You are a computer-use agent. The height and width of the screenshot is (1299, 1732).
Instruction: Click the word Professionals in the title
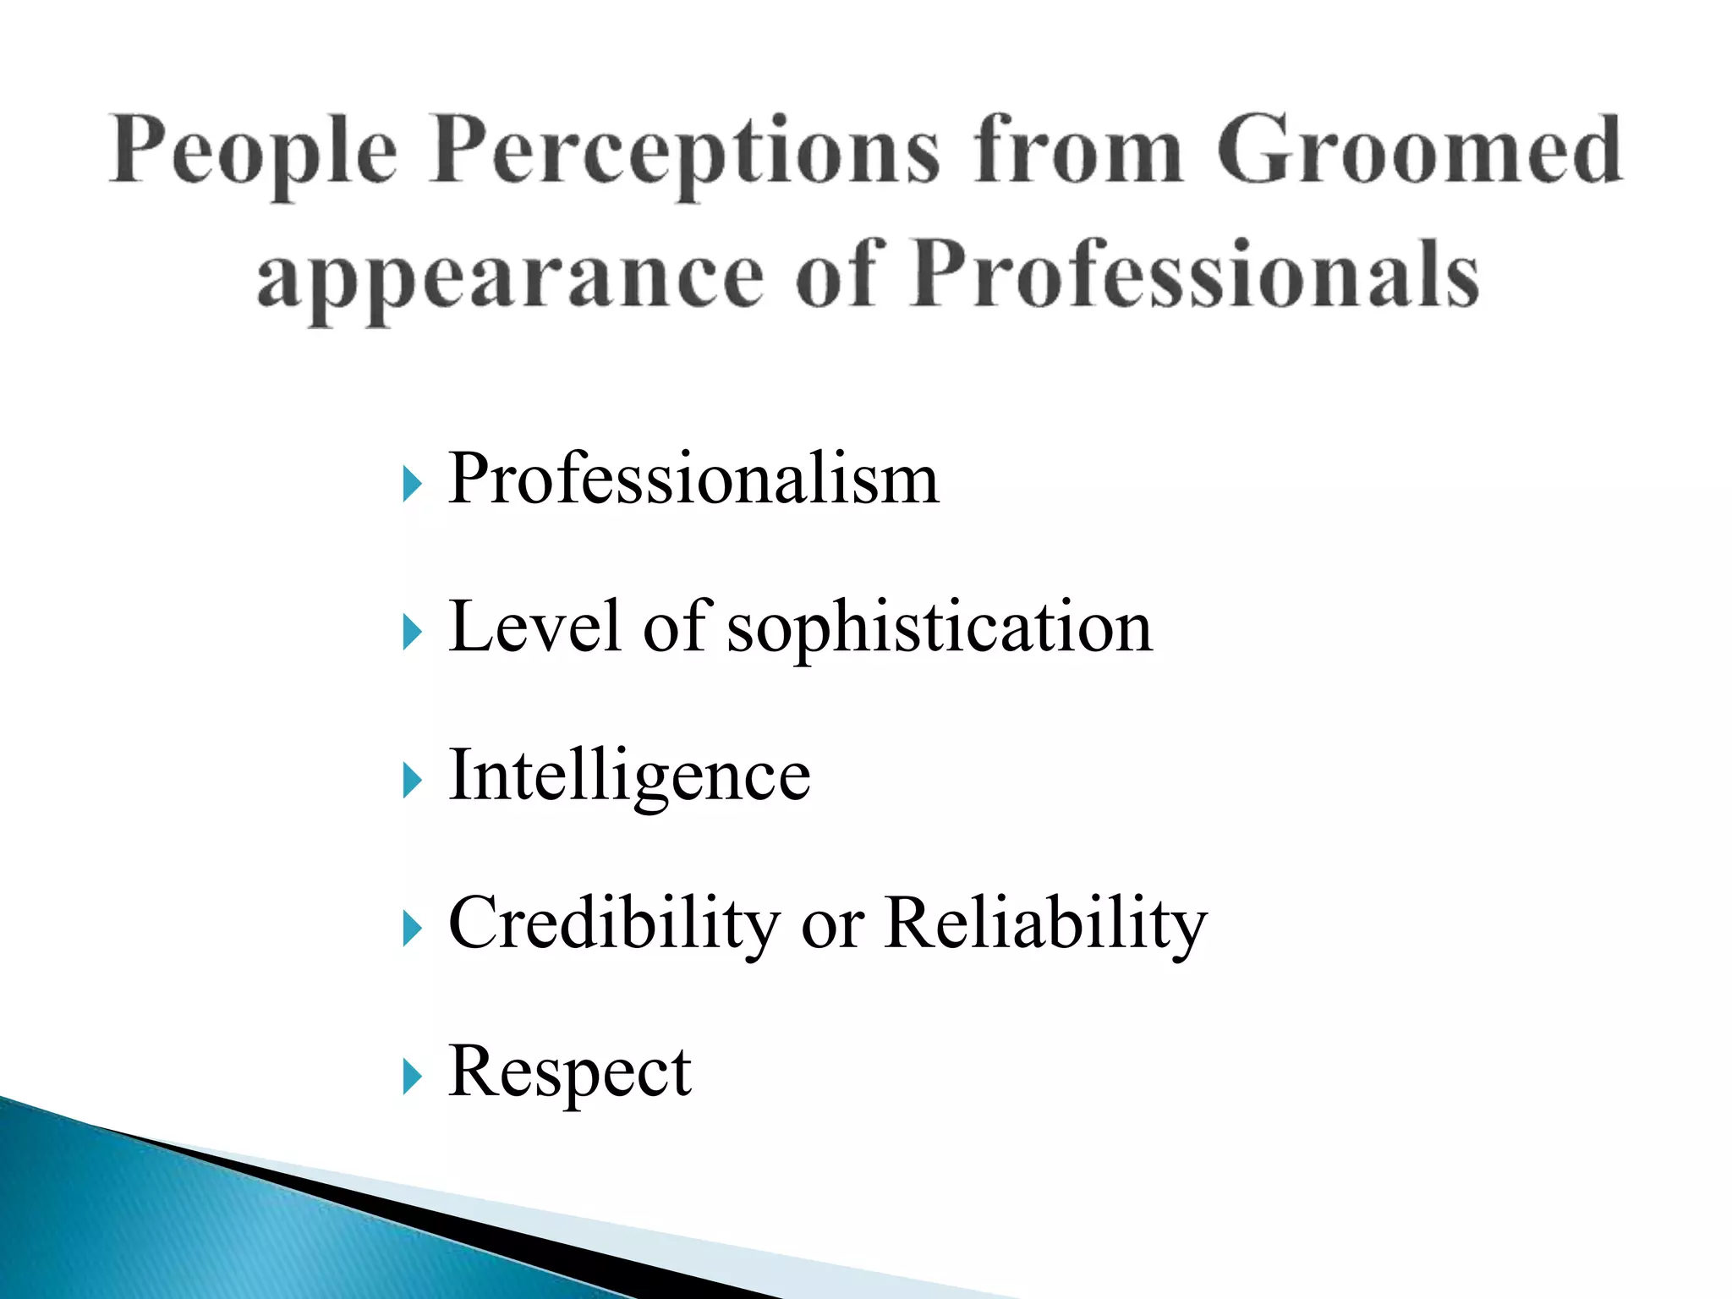click(1196, 275)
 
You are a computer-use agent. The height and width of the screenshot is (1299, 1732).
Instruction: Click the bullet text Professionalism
click(693, 479)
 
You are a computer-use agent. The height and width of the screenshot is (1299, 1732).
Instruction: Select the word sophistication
click(940, 628)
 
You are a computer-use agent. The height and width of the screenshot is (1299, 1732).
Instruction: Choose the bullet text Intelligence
click(629, 776)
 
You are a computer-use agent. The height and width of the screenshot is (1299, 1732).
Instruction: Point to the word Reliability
click(1045, 924)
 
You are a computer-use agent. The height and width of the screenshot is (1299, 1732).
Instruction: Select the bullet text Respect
click(570, 1072)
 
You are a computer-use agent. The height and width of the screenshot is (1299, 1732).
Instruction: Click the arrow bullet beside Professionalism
click(412, 485)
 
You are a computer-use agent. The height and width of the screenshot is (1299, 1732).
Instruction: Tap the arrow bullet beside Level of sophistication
click(412, 633)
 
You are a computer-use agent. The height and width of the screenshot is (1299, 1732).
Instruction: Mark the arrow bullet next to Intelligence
click(412, 781)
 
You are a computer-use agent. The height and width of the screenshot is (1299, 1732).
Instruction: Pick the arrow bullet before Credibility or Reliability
click(412, 929)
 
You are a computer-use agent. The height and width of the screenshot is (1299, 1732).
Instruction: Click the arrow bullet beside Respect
click(412, 1077)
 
